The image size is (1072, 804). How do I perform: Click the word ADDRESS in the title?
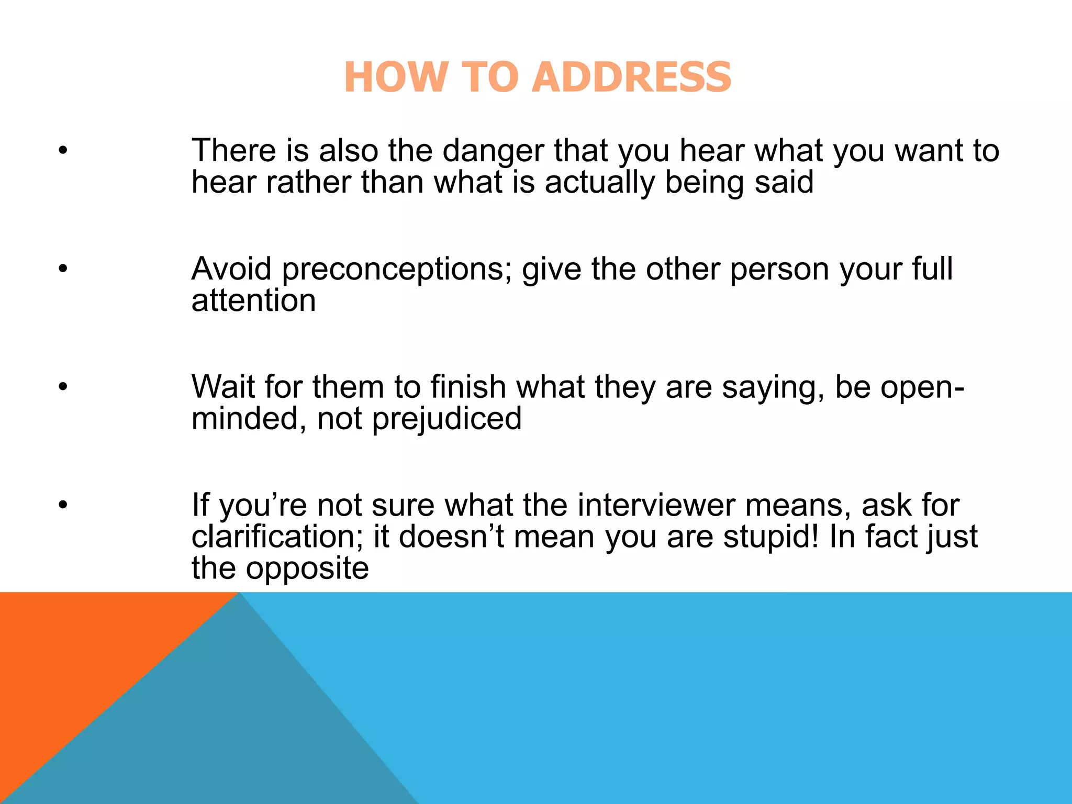633,77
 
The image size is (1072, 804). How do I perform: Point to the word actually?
599,183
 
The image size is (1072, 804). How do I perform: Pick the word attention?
253,301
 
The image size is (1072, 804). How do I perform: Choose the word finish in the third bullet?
468,387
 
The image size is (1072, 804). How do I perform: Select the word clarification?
277,538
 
